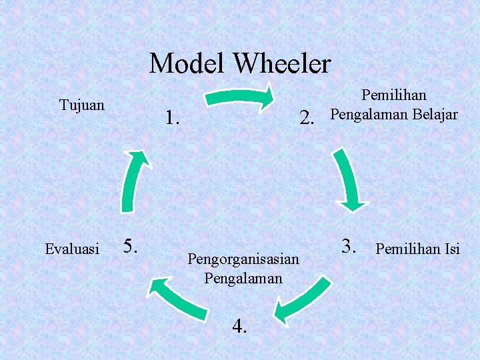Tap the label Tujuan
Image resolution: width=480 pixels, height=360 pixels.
[x=81, y=105]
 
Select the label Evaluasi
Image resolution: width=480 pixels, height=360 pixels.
[x=71, y=249]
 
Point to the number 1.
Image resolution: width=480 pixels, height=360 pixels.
[x=173, y=119]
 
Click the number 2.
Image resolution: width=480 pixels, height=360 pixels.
[x=307, y=119]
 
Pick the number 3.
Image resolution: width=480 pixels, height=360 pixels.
[x=347, y=245]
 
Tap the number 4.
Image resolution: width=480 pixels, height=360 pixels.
[x=240, y=326]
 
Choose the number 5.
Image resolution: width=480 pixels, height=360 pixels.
[x=130, y=246]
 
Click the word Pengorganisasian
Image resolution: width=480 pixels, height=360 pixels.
[x=244, y=258]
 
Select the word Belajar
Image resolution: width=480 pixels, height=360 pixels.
[x=433, y=114]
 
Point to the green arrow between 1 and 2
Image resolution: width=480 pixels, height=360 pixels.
[x=239, y=97]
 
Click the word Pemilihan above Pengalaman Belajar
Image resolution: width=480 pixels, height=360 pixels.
[x=393, y=97]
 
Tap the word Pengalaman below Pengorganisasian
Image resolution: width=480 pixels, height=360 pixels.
[x=243, y=277]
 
